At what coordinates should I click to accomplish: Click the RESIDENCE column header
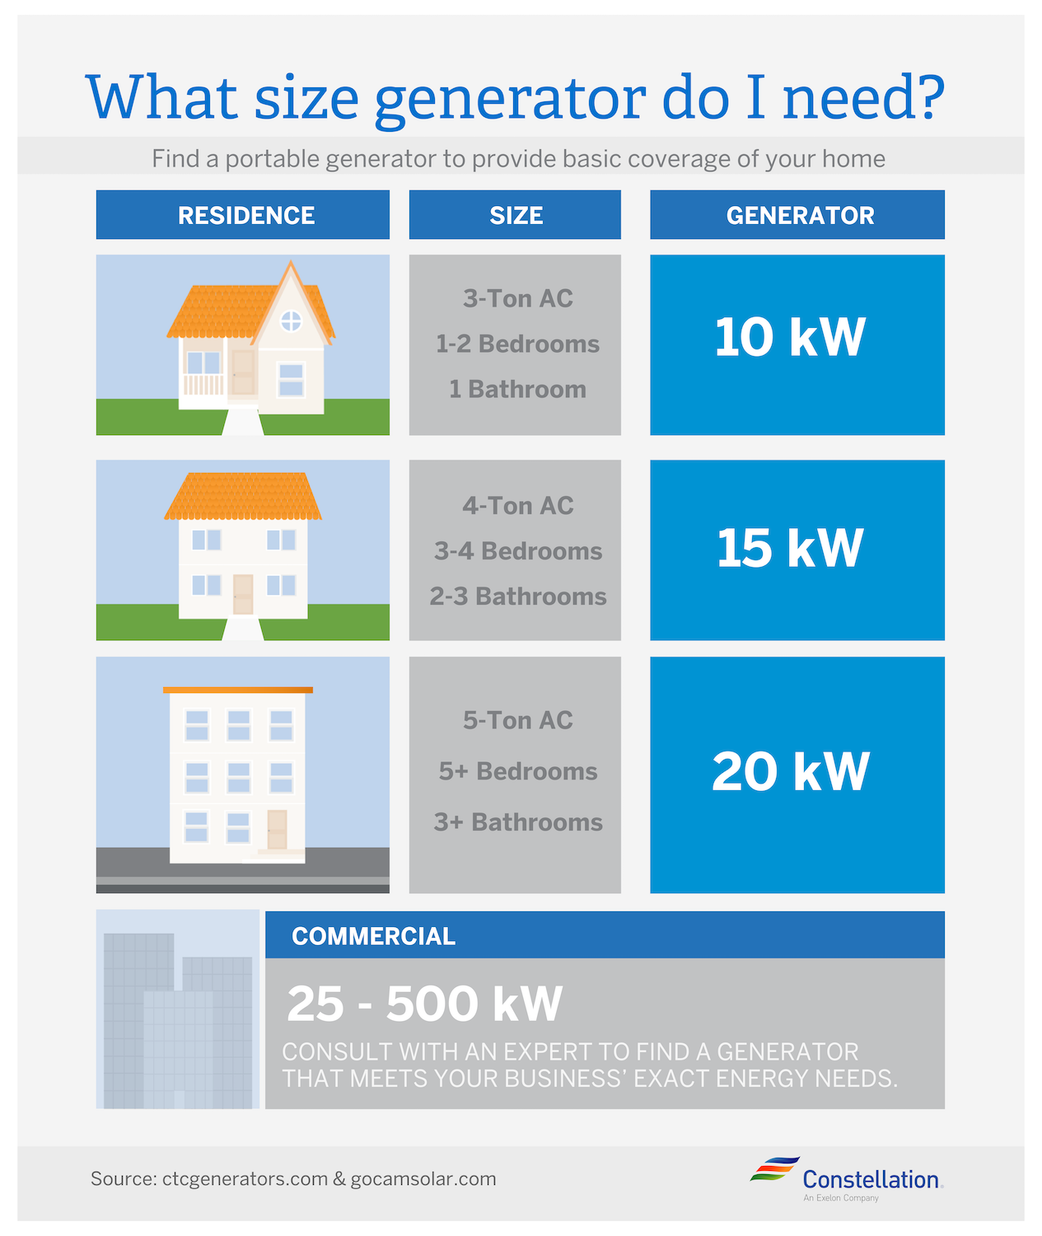[x=246, y=215]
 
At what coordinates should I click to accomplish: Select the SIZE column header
[x=516, y=215]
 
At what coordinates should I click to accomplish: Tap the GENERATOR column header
[x=800, y=215]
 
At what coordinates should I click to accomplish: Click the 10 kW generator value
[x=790, y=338]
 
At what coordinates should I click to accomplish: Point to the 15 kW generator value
[x=790, y=548]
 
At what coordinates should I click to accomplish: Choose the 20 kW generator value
[x=790, y=772]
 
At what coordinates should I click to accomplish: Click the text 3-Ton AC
[x=517, y=298]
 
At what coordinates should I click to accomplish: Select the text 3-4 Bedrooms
[x=518, y=550]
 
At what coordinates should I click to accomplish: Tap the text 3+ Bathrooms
[x=518, y=822]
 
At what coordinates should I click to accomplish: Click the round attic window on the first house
[x=291, y=321]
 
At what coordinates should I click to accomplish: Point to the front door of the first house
[x=243, y=372]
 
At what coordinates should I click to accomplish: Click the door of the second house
[x=243, y=593]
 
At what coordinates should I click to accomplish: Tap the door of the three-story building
[x=277, y=829]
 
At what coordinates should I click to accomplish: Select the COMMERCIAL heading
[x=373, y=936]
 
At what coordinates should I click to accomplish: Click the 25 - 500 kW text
[x=424, y=1004]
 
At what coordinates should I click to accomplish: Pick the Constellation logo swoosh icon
[x=774, y=1169]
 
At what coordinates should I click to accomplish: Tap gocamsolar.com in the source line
[x=423, y=1179]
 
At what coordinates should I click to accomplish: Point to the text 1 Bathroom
[x=517, y=389]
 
